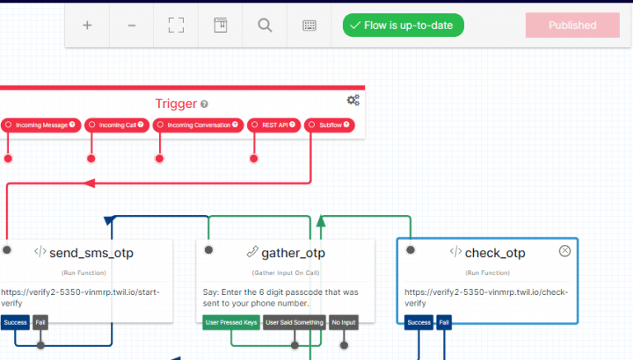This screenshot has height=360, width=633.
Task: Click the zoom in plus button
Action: click(x=87, y=26)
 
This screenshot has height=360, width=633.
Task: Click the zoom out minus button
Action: click(x=132, y=26)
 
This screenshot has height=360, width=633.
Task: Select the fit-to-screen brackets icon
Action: click(x=176, y=26)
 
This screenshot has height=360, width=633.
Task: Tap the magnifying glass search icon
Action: click(x=265, y=26)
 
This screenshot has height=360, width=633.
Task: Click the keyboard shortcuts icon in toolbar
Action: click(x=309, y=26)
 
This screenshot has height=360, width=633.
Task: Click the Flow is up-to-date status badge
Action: click(x=403, y=26)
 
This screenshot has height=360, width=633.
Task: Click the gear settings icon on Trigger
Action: click(x=353, y=100)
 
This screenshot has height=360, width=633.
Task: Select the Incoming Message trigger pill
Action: click(x=40, y=125)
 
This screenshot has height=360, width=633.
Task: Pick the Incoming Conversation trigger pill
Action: click(x=197, y=125)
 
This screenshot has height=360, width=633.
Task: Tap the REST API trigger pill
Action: click(x=274, y=125)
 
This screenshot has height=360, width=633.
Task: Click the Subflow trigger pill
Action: click(x=329, y=125)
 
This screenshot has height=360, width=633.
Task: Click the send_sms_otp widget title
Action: click(x=91, y=253)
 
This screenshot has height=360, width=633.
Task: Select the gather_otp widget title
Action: click(x=293, y=253)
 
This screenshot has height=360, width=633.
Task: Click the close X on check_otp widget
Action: click(x=565, y=251)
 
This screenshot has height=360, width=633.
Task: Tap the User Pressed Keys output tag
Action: click(x=230, y=322)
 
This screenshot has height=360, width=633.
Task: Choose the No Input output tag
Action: click(x=344, y=322)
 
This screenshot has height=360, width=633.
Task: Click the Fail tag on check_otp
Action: click(x=444, y=322)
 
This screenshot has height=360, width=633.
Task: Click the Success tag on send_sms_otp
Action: click(x=16, y=322)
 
